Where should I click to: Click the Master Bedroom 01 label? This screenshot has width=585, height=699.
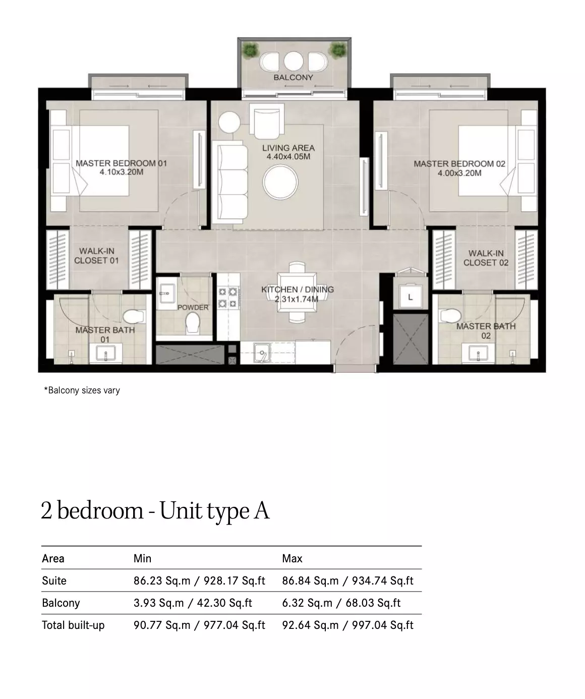[x=121, y=163]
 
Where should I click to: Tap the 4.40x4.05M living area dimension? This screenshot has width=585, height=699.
[x=288, y=157]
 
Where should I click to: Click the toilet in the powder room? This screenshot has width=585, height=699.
[x=193, y=322]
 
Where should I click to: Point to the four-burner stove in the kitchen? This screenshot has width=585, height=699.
[x=228, y=297]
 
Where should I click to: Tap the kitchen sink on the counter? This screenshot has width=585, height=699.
[x=262, y=353]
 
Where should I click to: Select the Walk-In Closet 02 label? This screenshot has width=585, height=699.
[x=486, y=258]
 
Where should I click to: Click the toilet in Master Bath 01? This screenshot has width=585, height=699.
[x=134, y=316]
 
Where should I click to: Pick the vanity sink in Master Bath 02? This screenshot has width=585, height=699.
[x=478, y=353]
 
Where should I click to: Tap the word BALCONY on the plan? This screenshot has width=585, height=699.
[x=293, y=77]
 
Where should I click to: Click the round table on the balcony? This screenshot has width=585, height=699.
[x=294, y=61]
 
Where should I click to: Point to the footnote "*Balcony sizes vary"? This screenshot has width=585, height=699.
[x=82, y=390]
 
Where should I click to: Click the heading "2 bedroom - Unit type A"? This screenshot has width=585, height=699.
[x=155, y=511]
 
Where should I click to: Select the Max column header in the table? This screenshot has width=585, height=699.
[x=292, y=558]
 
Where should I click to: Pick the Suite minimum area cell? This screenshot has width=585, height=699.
[x=199, y=581]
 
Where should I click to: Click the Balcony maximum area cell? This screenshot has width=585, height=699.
[x=341, y=603]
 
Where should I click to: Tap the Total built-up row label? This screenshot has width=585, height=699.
[x=73, y=625]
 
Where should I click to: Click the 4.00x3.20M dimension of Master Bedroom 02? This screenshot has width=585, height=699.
[x=459, y=173]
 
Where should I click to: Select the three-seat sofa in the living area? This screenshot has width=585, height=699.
[x=232, y=182]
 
